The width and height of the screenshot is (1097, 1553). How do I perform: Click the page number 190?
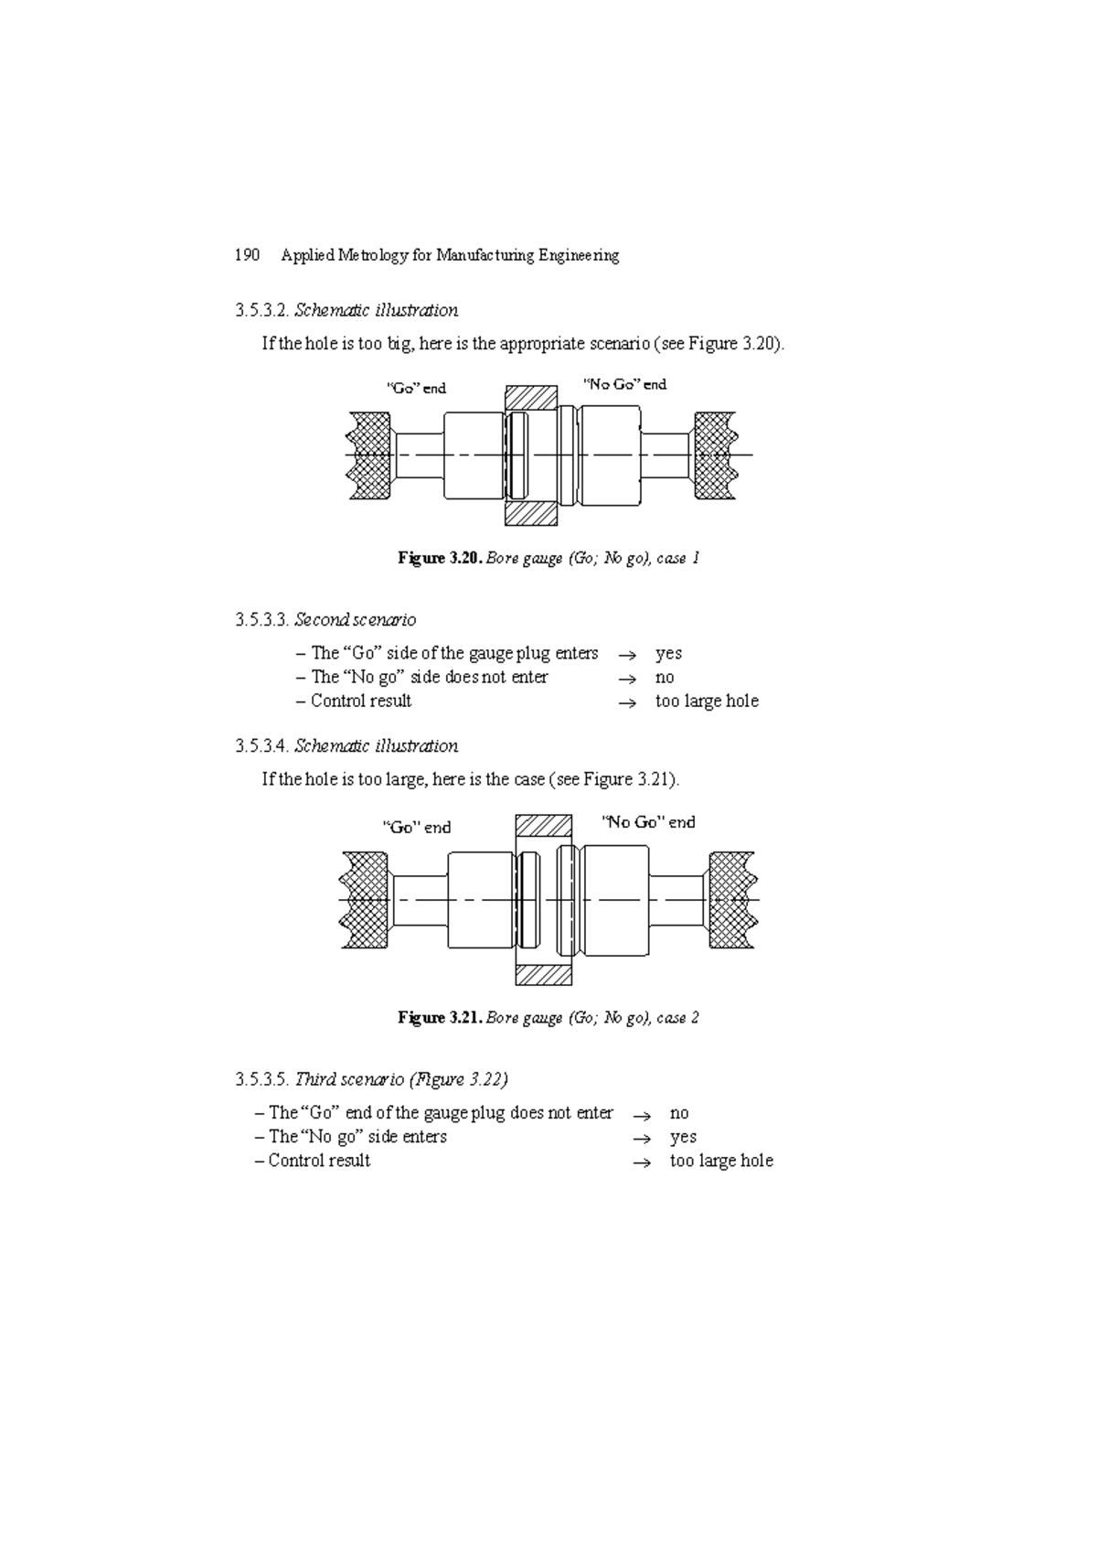(x=247, y=255)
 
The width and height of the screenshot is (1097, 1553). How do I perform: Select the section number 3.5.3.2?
(x=261, y=310)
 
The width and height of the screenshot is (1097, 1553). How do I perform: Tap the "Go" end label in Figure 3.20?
(x=416, y=388)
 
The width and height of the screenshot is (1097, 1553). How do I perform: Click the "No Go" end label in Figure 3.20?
(x=625, y=384)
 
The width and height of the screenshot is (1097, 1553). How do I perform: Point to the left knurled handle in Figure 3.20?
(x=370, y=455)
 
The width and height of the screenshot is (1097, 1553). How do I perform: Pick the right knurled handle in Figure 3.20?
(x=715, y=455)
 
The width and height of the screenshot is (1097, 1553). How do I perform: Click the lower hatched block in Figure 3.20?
(x=531, y=513)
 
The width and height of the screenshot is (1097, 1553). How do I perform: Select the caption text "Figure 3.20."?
(x=439, y=558)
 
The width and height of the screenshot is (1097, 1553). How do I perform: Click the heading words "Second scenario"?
(x=355, y=620)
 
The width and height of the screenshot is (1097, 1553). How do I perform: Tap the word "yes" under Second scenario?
(x=668, y=653)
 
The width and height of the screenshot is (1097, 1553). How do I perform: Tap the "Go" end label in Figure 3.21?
(x=417, y=827)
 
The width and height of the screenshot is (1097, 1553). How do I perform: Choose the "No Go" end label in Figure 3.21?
(x=648, y=822)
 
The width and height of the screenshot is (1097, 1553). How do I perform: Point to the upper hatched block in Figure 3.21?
(x=544, y=826)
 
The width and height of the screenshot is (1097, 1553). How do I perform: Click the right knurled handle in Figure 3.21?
(x=732, y=900)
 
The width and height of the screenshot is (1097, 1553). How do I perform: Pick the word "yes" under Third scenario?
(x=683, y=1137)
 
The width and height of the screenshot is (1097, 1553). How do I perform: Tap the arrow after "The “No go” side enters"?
(x=642, y=1139)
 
